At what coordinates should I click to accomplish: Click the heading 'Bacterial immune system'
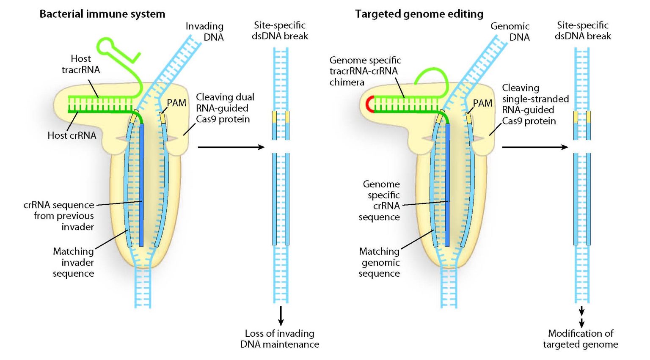[x=102, y=14]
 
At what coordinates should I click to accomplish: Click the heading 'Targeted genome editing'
[x=419, y=14]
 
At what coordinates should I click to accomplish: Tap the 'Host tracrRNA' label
[x=81, y=64]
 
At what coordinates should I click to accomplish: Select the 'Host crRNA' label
[x=72, y=135]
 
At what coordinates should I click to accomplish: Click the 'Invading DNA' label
[x=205, y=32]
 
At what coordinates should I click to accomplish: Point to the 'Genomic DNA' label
[x=510, y=32]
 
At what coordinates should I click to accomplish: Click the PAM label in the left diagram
[x=176, y=103]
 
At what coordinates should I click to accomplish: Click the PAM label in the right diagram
[x=482, y=103]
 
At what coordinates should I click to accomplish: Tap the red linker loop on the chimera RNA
[x=368, y=104]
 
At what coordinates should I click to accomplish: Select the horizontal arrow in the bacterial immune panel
[x=231, y=147]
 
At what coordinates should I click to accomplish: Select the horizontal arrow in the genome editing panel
[x=535, y=147]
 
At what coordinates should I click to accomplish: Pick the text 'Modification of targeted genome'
[x=581, y=339]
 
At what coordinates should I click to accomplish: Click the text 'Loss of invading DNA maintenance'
[x=280, y=339]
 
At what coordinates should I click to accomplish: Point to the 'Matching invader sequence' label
[x=74, y=262]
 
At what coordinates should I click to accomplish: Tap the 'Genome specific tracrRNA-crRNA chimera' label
[x=365, y=71]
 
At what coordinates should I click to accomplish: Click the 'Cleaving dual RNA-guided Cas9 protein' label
[x=223, y=108]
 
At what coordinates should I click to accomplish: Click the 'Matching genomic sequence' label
[x=380, y=262]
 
